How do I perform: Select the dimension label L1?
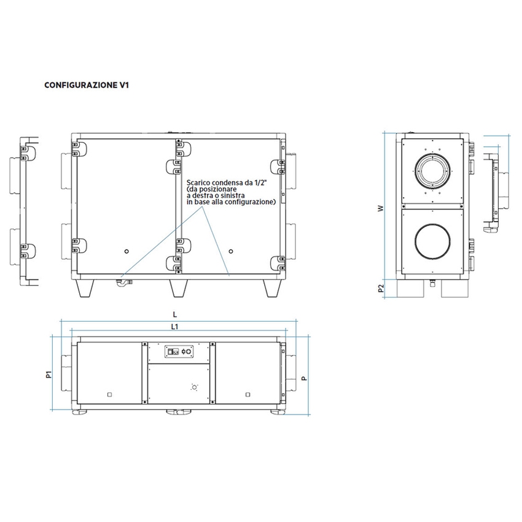coord(175,325)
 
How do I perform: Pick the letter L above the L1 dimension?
coord(175,314)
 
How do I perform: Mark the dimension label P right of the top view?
coord(304,376)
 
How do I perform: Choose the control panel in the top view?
coord(180,352)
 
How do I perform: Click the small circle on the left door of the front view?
coord(127,251)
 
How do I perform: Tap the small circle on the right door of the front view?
coord(231,251)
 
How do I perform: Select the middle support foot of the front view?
coord(178,286)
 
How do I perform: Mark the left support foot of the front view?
coord(85,286)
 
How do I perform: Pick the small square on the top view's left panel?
coord(109,393)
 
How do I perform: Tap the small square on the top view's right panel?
coord(247,393)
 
